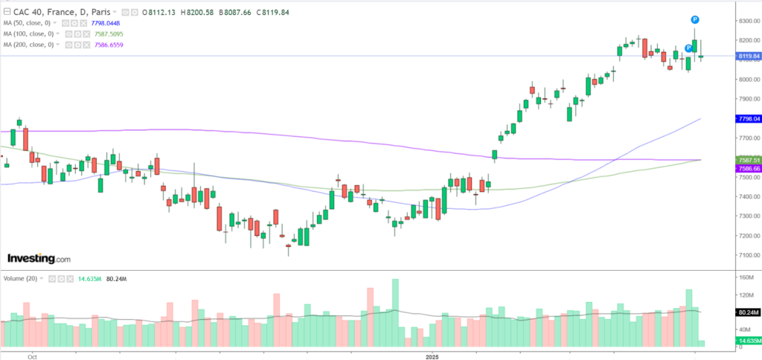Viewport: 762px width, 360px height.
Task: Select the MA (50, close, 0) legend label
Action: (32, 23)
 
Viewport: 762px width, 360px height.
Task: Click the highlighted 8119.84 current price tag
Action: (747, 56)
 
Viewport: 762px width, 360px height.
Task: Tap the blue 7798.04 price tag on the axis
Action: (747, 119)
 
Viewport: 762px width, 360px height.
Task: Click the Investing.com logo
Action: (39, 258)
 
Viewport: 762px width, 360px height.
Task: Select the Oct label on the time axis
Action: (32, 356)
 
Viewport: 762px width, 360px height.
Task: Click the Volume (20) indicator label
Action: (20, 278)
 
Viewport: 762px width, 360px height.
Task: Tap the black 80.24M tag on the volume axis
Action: (746, 312)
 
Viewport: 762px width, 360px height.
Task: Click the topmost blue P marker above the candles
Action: (694, 18)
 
